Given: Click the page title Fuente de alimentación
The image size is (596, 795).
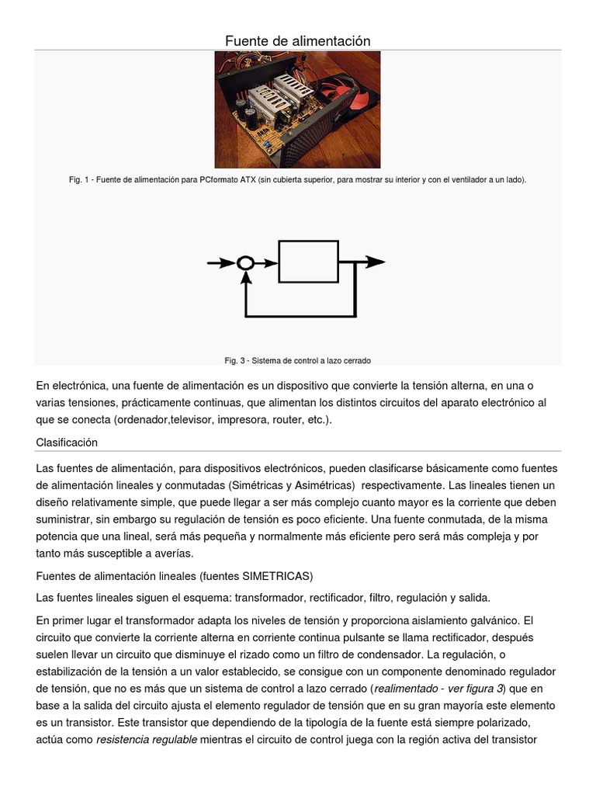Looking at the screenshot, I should (x=298, y=40).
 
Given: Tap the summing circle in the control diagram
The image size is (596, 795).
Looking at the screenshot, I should (x=245, y=262).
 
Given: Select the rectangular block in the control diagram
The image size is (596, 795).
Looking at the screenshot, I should (x=308, y=262).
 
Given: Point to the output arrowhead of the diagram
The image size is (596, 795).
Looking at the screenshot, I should (x=376, y=262).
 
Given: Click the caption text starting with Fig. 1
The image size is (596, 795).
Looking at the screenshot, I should (x=298, y=180).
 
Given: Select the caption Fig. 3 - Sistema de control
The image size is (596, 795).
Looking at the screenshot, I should (x=298, y=360).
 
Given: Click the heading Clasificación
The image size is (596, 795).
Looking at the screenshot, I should (x=67, y=442).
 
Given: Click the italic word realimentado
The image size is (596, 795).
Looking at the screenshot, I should (x=411, y=688).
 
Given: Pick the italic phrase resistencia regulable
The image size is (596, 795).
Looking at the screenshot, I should (x=146, y=739).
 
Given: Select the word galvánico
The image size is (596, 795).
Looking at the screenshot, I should (x=493, y=620).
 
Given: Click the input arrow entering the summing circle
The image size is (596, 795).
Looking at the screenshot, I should (x=220, y=262).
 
